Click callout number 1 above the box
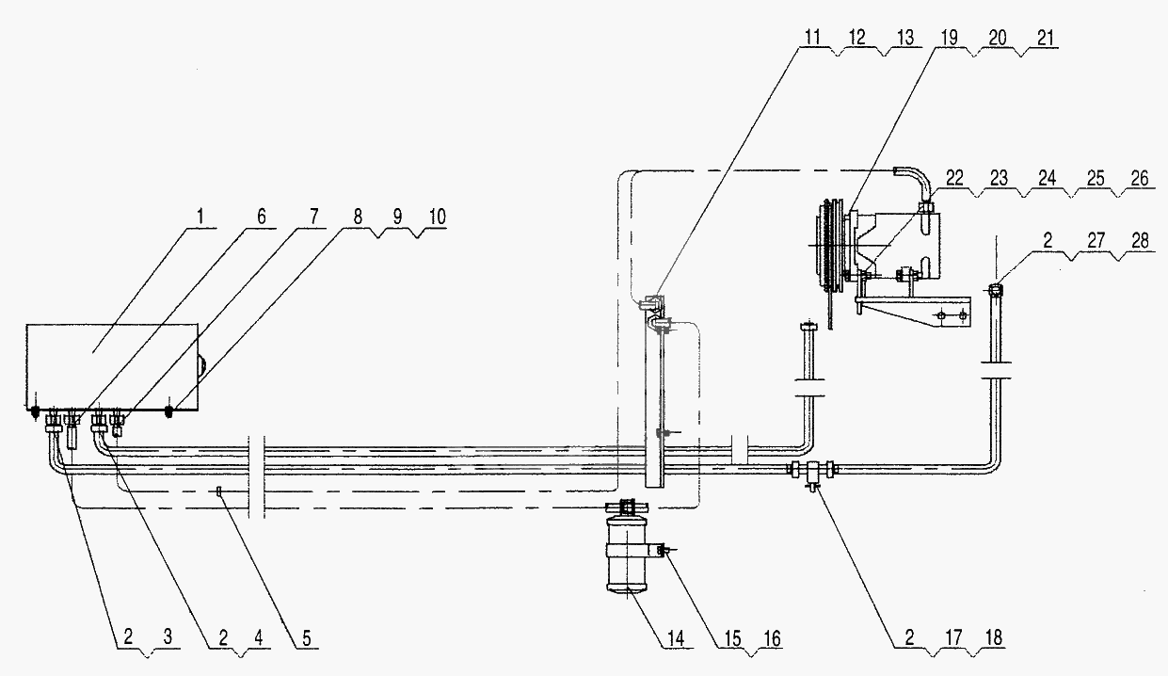201,217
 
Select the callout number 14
676,638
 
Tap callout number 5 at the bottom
306,638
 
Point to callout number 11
812,38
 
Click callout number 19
949,38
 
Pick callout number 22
954,178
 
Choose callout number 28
1141,240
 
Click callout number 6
262,217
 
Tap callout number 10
437,217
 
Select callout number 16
772,638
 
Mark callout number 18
994,637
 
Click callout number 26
1140,178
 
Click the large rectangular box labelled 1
112,366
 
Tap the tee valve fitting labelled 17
812,471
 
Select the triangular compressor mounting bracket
914,311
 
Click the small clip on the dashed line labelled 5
219,491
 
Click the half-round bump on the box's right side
201,363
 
